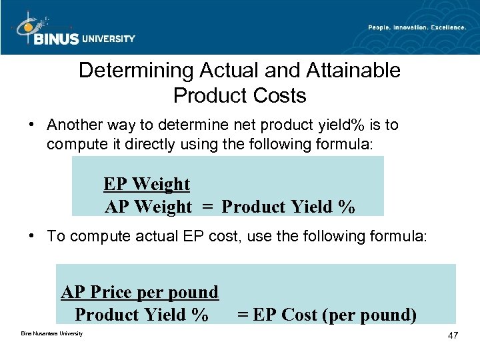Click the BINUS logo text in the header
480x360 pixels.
[56, 39]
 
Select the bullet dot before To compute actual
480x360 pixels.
[32, 237]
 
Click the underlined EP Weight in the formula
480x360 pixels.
[147, 184]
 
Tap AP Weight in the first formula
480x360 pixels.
[148, 207]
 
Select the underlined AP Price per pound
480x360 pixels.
[140, 292]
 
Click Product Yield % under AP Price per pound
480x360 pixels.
[141, 314]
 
